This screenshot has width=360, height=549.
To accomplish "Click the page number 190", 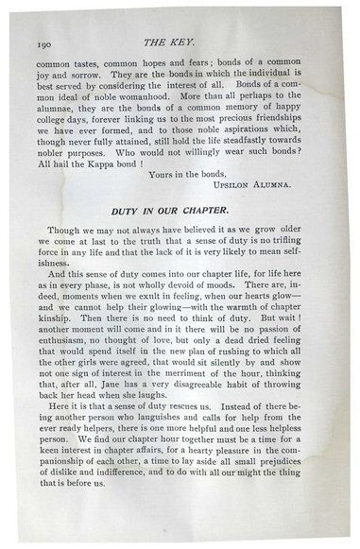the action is click(43, 43).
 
